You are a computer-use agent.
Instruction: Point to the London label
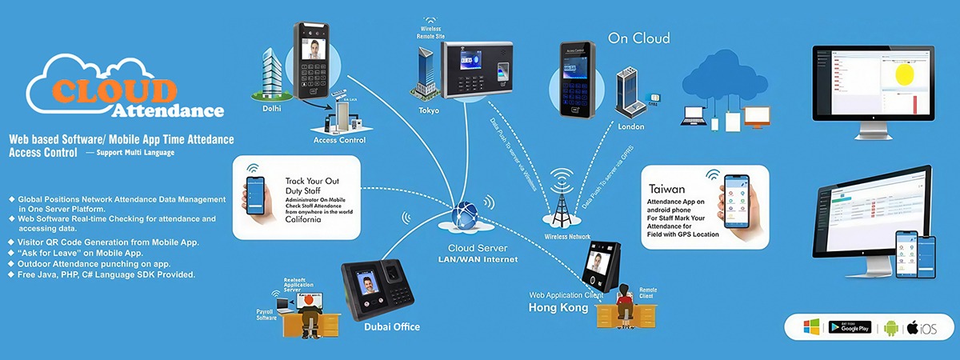pos(632,126)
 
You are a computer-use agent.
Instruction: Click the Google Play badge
pos(854,326)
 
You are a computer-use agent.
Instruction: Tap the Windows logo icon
pos(811,326)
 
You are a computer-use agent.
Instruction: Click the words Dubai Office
pos(392,326)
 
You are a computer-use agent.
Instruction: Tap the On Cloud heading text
pos(638,38)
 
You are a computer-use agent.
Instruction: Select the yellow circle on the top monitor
pos(905,75)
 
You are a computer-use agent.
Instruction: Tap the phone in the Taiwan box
pos(735,203)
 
